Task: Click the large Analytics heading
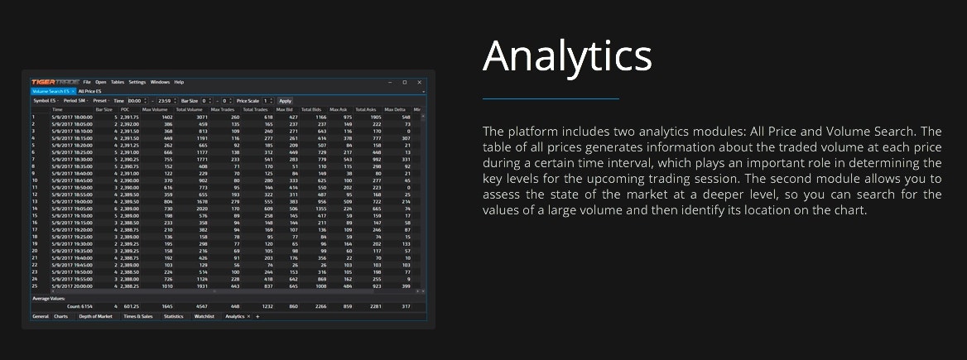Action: point(567,55)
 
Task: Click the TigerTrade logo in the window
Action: point(55,82)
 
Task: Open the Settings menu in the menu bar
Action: point(137,82)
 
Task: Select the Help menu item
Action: point(179,82)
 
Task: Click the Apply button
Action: point(285,100)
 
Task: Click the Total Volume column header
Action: point(189,109)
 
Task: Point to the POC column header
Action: point(125,109)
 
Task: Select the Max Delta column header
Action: point(394,109)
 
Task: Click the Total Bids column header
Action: point(310,109)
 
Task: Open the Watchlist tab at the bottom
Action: point(205,316)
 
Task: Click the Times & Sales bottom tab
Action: point(138,316)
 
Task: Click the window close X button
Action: point(420,82)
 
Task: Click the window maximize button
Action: point(405,82)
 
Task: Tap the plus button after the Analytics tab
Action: point(257,316)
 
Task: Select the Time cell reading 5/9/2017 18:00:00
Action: point(71,117)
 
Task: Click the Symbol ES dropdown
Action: point(45,100)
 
